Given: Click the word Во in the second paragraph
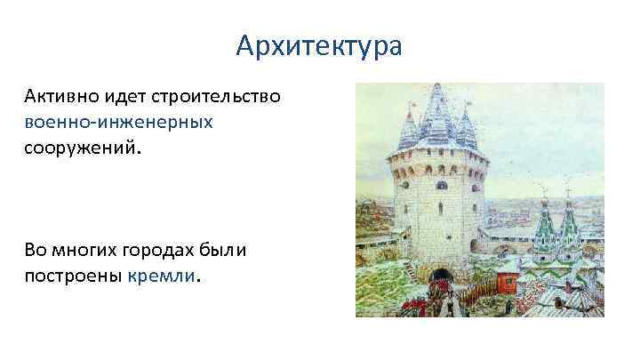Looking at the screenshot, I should (x=36, y=251).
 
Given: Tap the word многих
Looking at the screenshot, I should (x=86, y=251).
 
